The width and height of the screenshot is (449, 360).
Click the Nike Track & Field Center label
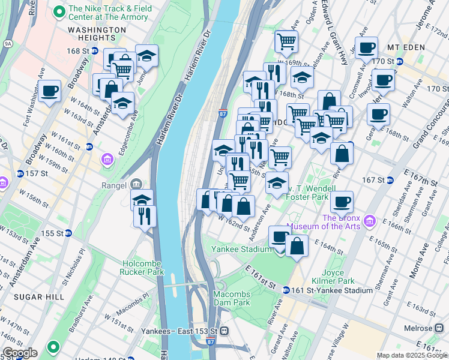pos(108,12)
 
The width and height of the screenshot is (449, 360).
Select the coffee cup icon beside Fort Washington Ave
pos(50,91)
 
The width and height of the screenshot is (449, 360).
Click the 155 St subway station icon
pos(68,233)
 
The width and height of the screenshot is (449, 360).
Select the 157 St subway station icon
pos(20,173)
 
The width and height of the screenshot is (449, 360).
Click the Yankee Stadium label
pos(240,249)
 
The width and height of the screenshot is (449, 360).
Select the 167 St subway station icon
pos(390,179)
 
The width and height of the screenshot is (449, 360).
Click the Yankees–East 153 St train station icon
pos(223,331)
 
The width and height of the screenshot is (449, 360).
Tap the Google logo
pos(19,353)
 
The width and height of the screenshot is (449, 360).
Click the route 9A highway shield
pos(7,43)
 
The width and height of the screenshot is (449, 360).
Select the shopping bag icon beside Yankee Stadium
pos(297,245)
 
